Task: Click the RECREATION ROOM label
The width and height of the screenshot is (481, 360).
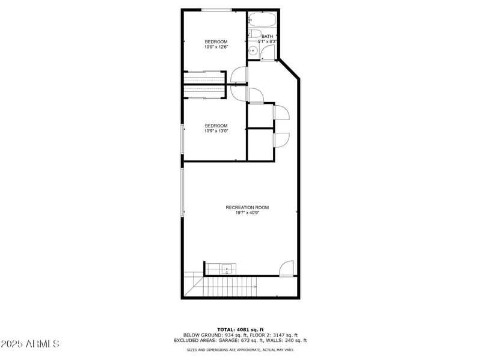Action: (x=247, y=207)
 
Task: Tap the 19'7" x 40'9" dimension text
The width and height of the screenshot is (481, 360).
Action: (x=247, y=213)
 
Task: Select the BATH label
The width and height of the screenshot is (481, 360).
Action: (x=267, y=37)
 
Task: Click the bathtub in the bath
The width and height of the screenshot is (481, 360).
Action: (x=262, y=20)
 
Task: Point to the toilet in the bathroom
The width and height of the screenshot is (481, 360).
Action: (x=254, y=34)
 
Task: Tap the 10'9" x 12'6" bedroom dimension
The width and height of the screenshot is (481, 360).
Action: (x=216, y=47)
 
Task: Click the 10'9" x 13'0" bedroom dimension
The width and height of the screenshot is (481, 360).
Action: (x=216, y=131)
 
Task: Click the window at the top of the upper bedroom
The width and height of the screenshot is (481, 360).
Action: (x=216, y=10)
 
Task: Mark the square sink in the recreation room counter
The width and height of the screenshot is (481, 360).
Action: (x=227, y=268)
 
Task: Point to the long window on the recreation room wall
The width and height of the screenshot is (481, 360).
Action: (x=182, y=192)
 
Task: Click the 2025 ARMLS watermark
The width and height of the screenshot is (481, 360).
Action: (x=30, y=344)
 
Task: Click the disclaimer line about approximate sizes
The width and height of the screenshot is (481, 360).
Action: (x=240, y=349)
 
